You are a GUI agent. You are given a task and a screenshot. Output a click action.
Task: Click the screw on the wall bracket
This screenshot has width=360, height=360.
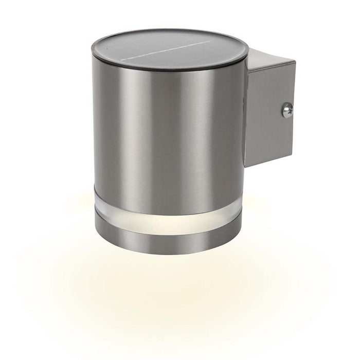point(287,109)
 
